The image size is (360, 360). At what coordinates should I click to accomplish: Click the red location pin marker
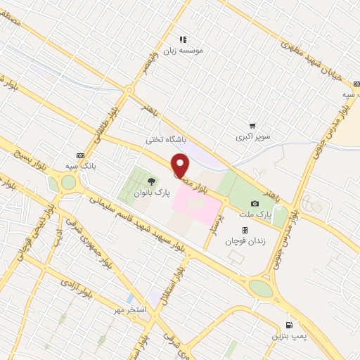(x=181, y=165)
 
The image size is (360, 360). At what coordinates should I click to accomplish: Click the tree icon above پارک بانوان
(x=151, y=181)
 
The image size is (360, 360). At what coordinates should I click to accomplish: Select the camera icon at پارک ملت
(x=255, y=203)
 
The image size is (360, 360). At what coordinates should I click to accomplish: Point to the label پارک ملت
(x=259, y=213)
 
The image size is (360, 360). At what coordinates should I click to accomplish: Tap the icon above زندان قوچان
(x=245, y=230)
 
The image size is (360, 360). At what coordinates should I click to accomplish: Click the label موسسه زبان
(x=183, y=51)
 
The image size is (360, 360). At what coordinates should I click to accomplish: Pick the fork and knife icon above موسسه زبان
(x=183, y=40)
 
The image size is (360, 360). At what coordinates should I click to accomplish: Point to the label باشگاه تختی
(x=163, y=141)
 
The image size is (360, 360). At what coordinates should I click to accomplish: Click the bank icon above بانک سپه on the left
(x=80, y=155)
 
